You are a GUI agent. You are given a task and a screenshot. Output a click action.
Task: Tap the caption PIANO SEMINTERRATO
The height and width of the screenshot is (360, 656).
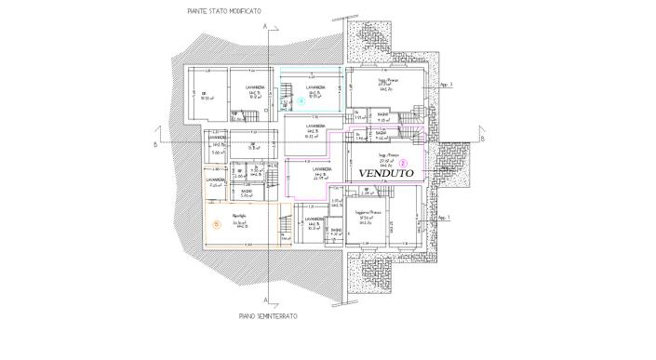point(268,316)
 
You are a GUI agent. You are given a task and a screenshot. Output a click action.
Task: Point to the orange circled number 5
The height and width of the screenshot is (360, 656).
point(216,223)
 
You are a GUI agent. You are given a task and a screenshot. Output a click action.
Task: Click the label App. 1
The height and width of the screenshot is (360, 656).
point(445,219)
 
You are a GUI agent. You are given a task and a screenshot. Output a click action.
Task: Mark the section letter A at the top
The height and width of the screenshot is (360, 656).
point(266,22)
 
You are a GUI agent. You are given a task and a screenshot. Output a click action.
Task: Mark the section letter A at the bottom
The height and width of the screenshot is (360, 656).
point(266,300)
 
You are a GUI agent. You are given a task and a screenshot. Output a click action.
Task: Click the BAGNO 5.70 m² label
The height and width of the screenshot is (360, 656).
point(248,193)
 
